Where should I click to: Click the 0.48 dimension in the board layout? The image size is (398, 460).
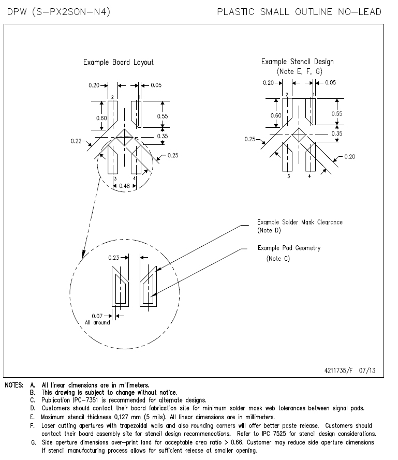124,186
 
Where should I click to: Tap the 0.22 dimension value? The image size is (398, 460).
76,141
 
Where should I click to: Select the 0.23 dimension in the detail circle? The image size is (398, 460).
113,258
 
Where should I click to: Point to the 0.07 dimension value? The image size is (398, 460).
97,316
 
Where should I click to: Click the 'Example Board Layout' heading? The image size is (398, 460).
119,62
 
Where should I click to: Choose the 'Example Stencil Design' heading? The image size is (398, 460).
297,62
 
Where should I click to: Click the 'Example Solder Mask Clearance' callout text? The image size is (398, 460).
300,222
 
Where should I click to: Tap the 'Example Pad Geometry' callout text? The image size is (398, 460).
289,248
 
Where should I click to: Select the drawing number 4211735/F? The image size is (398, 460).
338,370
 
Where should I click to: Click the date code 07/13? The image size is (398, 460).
367,370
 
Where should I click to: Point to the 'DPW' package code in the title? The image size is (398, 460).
17,12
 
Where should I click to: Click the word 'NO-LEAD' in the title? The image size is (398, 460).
360,12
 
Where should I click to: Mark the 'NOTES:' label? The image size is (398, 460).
14,385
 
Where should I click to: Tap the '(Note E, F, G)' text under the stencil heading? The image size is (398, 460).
299,71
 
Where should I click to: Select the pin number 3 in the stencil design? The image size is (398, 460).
288,176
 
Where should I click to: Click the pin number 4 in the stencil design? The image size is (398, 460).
309,176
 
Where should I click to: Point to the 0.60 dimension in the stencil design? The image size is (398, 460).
276,115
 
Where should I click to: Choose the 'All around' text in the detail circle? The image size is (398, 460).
97,322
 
